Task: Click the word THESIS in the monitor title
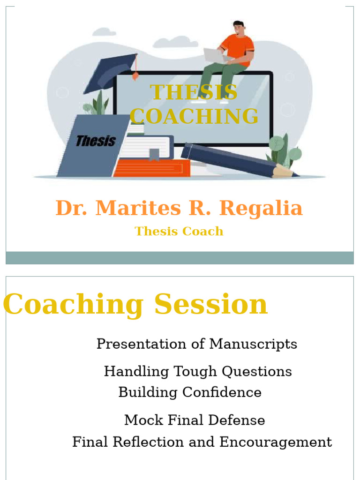[x=194, y=92]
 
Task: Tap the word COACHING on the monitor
[x=194, y=116]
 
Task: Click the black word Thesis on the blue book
[x=96, y=141]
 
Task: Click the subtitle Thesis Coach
[x=179, y=231]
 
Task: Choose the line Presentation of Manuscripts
[x=196, y=344]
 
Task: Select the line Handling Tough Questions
[x=197, y=371]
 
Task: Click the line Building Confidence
[x=190, y=392]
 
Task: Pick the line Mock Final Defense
[x=194, y=420]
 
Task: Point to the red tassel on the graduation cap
[x=135, y=75]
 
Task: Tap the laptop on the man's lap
[x=216, y=55]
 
